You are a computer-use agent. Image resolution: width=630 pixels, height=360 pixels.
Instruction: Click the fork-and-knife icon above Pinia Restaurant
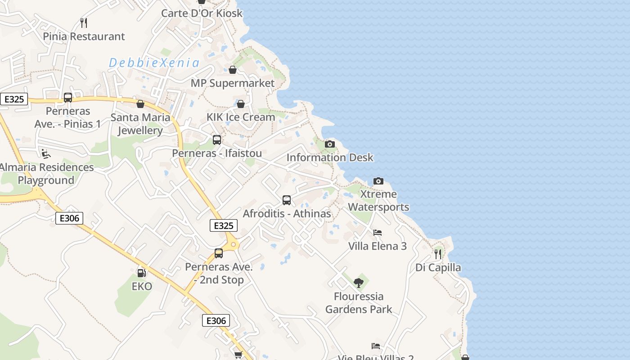pos(83,22)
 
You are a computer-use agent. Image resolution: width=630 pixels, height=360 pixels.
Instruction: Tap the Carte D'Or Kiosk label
pos(202,13)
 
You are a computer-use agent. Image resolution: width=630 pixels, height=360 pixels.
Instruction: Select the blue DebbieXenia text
pos(154,63)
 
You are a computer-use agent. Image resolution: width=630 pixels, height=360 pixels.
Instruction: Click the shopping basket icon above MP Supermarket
pos(233,70)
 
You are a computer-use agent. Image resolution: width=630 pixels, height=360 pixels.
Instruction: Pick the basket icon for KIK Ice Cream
pos(241,104)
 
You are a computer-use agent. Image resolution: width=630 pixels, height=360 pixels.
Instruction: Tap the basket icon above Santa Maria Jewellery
pos(140,104)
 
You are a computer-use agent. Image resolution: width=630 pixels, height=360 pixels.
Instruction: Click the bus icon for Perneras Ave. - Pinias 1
pos(68,97)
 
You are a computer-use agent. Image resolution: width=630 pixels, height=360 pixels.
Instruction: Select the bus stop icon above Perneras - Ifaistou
pos(217,139)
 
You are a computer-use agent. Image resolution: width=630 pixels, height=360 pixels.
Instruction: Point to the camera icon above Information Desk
pos(330,144)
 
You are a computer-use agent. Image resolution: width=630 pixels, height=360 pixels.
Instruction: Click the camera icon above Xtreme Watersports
pos(378,181)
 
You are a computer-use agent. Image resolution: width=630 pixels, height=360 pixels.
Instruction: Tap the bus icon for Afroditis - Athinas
pos(287,200)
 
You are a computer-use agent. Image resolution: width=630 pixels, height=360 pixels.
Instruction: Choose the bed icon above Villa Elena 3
pos(378,233)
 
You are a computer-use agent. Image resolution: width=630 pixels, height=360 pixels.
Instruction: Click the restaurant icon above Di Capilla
pos(438,254)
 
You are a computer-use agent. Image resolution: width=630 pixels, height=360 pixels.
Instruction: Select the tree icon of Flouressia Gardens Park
pos(359,283)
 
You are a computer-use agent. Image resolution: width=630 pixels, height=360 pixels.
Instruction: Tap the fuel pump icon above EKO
pos(141,273)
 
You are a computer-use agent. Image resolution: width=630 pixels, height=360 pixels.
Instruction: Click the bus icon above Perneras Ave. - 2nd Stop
pos(219,253)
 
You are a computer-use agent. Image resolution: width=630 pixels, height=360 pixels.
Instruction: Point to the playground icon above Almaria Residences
pos(46,154)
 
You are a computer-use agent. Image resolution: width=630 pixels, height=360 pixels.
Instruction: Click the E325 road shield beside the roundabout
pos(224,225)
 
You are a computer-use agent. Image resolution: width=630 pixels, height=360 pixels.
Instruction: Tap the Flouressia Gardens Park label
pos(359,303)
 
